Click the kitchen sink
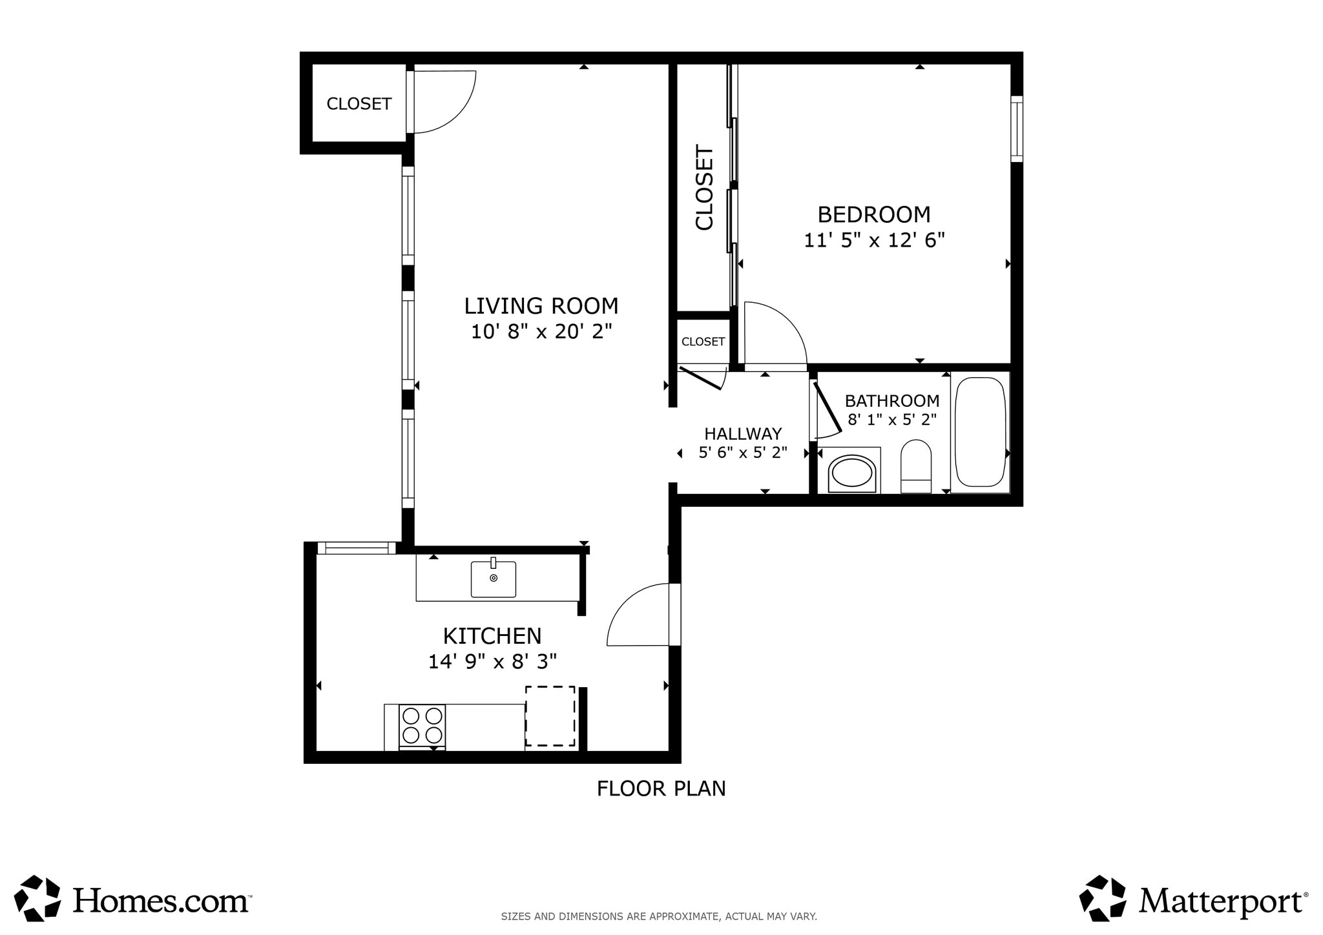493,579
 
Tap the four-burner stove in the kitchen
422,726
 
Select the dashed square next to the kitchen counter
550,715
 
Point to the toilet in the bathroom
915,466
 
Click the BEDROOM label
873,214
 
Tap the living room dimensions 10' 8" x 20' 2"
541,332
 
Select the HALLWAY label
743,433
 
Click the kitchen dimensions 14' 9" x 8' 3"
492,662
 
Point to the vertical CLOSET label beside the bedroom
704,187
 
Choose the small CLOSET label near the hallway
703,342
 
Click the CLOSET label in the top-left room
359,104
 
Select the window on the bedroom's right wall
1016,129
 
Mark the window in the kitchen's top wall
357,548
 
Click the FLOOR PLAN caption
661,788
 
